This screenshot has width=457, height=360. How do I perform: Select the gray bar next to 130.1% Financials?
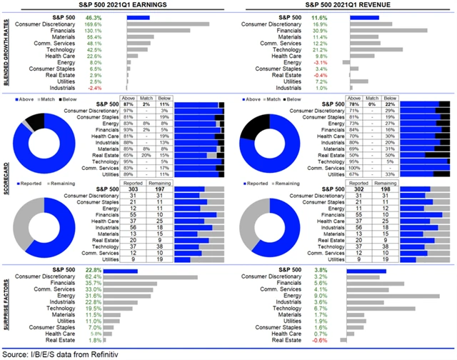[159, 30]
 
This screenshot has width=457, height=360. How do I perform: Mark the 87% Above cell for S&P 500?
[131, 104]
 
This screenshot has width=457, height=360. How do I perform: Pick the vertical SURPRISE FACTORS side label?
[5, 305]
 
